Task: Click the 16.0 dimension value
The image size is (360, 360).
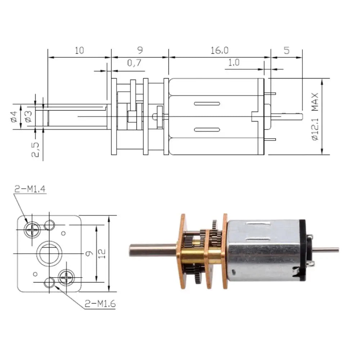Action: (x=220, y=50)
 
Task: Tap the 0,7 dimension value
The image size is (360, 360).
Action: (x=134, y=63)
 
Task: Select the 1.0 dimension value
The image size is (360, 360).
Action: (x=234, y=62)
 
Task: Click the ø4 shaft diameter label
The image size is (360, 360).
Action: (x=14, y=116)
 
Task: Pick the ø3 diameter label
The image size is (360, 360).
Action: (x=28, y=116)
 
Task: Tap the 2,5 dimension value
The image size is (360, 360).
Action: (x=35, y=149)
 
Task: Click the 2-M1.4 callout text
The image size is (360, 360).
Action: (x=30, y=189)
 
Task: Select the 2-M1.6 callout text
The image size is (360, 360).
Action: (x=100, y=304)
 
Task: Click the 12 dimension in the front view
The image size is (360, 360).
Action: (x=102, y=253)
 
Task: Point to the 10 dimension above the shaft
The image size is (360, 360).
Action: (x=80, y=50)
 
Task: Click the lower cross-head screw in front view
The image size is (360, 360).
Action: (x=66, y=278)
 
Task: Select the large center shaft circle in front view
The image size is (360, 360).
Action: (x=49, y=253)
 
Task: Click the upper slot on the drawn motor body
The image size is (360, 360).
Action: (x=207, y=104)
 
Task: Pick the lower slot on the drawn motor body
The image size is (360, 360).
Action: (x=207, y=130)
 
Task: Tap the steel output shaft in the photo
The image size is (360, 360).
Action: (x=153, y=250)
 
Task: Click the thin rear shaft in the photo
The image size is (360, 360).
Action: (x=326, y=249)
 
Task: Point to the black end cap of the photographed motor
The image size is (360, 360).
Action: (x=303, y=250)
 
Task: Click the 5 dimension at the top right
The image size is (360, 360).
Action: (x=287, y=50)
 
